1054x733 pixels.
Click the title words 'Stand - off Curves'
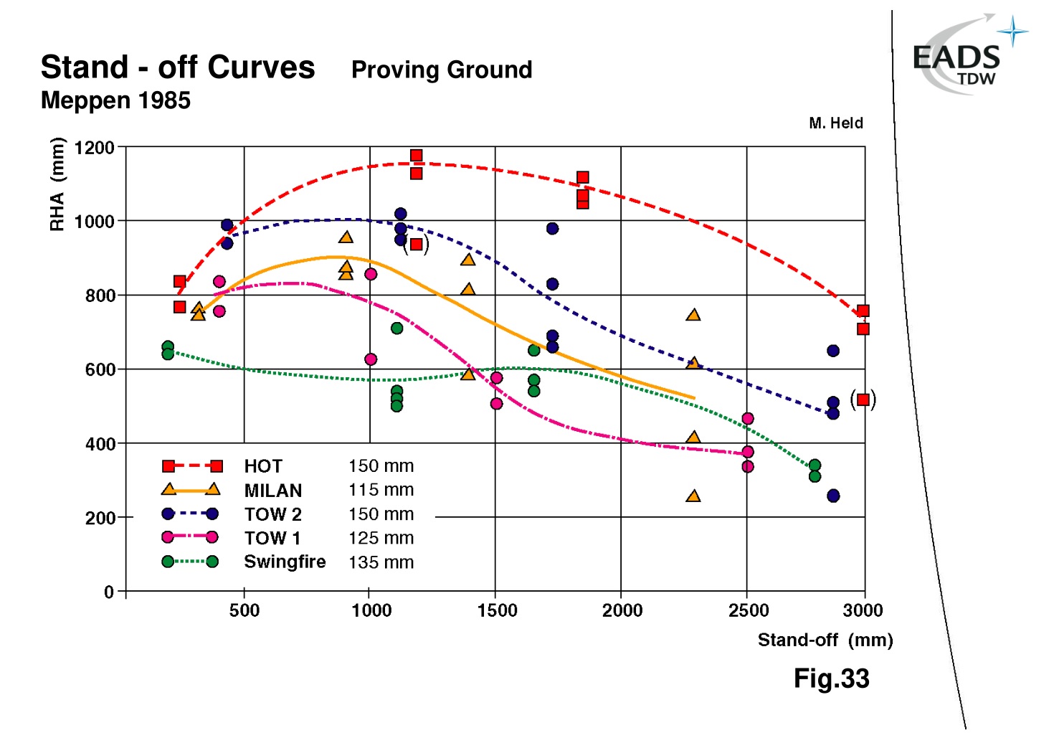tap(178, 67)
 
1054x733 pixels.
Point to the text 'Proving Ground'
tap(442, 70)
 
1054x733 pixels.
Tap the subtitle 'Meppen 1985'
tap(115, 100)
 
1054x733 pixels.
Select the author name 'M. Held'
tap(835, 123)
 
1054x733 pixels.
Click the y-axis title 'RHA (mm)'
tap(57, 184)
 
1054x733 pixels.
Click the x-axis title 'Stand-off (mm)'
tap(825, 640)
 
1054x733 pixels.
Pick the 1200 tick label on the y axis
tap(94, 148)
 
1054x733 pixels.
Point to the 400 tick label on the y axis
tap(100, 444)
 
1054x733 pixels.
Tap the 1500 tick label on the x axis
tap(497, 610)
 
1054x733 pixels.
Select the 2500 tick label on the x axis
tap(748, 610)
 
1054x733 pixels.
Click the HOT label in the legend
tap(263, 466)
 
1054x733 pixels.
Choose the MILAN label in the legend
tap(273, 491)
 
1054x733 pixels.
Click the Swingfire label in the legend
tap(285, 562)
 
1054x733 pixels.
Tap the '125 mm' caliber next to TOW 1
tap(381, 538)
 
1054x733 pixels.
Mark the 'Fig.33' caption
tap(831, 678)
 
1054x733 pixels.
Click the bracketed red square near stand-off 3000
tap(863, 399)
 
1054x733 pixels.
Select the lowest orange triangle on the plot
tap(693, 496)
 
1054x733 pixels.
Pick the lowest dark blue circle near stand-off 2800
tap(833, 496)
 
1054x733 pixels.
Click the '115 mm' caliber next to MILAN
tap(381, 490)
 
